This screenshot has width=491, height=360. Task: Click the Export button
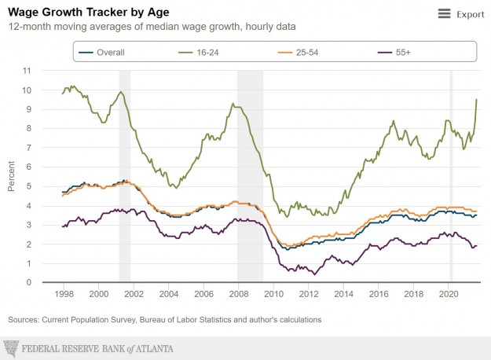pyautogui.click(x=470, y=14)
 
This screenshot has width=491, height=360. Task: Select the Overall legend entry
pyautogui.click(x=110, y=52)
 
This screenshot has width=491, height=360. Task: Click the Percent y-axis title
pyautogui.click(x=12, y=176)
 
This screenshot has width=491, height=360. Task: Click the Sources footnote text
pyautogui.click(x=164, y=320)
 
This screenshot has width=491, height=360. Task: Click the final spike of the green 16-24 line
pyautogui.click(x=477, y=100)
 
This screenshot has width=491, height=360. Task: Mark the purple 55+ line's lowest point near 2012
pyautogui.click(x=313, y=274)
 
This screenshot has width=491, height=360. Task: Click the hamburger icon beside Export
pyautogui.click(x=444, y=14)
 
